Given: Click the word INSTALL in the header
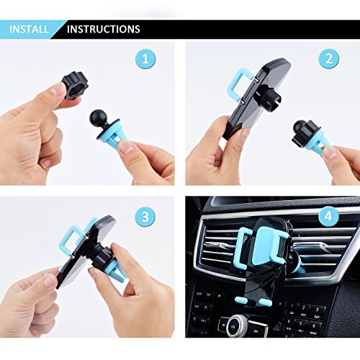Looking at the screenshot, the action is [x=29, y=30].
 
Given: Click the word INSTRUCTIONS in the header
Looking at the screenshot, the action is [x=104, y=30].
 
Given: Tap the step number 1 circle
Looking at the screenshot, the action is [x=145, y=59].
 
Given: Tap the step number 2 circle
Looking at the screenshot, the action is [x=329, y=58].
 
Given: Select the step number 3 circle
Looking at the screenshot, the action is [x=145, y=217].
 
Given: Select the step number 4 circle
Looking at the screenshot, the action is [x=328, y=217].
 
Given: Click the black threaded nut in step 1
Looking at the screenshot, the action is [x=75, y=86].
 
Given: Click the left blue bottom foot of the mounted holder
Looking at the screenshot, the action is [x=242, y=300].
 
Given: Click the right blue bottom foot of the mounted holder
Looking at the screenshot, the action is [x=265, y=302].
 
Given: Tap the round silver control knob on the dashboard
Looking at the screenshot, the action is [x=237, y=326].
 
